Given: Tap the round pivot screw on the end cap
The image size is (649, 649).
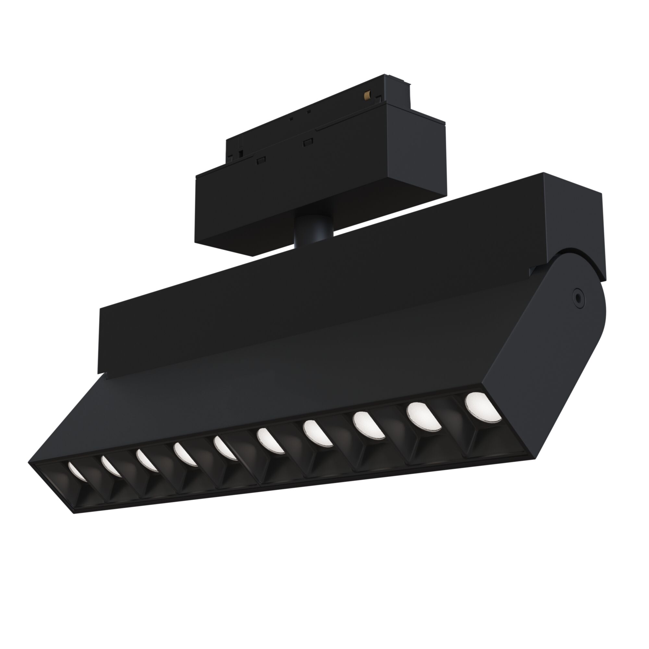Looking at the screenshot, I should click(578, 298).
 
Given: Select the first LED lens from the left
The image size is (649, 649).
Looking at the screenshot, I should click(77, 471).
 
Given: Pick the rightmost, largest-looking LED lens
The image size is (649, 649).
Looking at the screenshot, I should click(483, 407).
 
